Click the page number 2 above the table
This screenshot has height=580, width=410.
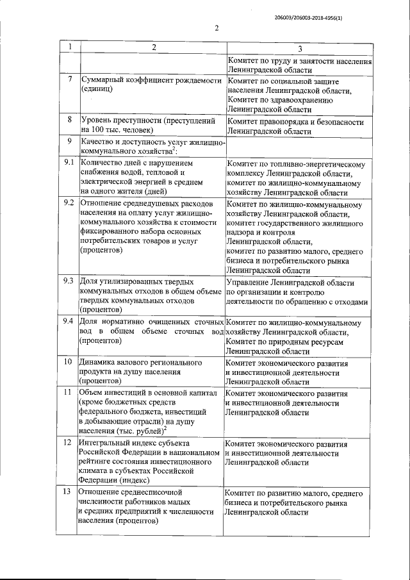[217, 28]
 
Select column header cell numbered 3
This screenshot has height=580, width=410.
[300, 49]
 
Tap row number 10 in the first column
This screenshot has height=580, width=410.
[69, 361]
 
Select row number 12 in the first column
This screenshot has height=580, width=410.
[69, 442]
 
